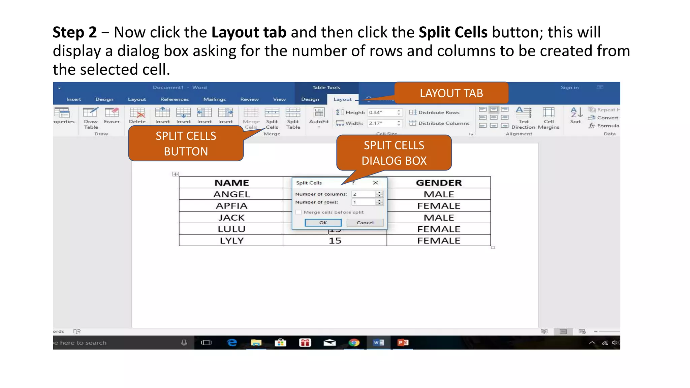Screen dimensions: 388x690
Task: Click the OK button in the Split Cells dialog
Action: click(x=323, y=223)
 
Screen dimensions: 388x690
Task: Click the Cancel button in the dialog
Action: click(x=365, y=223)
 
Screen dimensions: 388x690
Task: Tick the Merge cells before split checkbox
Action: click(x=299, y=212)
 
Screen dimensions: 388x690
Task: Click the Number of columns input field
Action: click(x=363, y=194)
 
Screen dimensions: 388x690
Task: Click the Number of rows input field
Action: click(x=363, y=202)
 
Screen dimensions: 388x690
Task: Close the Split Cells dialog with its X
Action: click(x=376, y=183)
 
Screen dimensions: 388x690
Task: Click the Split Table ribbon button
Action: click(x=293, y=118)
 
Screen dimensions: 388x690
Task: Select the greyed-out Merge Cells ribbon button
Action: click(x=251, y=118)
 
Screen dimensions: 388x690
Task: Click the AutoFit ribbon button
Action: click(x=319, y=116)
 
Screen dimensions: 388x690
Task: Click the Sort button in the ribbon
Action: click(x=576, y=116)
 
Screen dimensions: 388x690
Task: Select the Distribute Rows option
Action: click(x=435, y=112)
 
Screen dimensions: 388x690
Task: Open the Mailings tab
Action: click(x=214, y=99)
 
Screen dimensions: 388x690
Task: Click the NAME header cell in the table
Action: click(x=231, y=183)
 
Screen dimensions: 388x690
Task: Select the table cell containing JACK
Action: click(x=231, y=218)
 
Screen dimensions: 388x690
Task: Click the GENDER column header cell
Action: click(x=438, y=183)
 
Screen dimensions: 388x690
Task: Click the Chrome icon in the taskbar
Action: click(x=354, y=343)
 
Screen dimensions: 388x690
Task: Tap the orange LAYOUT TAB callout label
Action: click(x=451, y=93)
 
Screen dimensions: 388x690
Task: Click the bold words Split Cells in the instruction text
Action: click(x=453, y=32)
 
